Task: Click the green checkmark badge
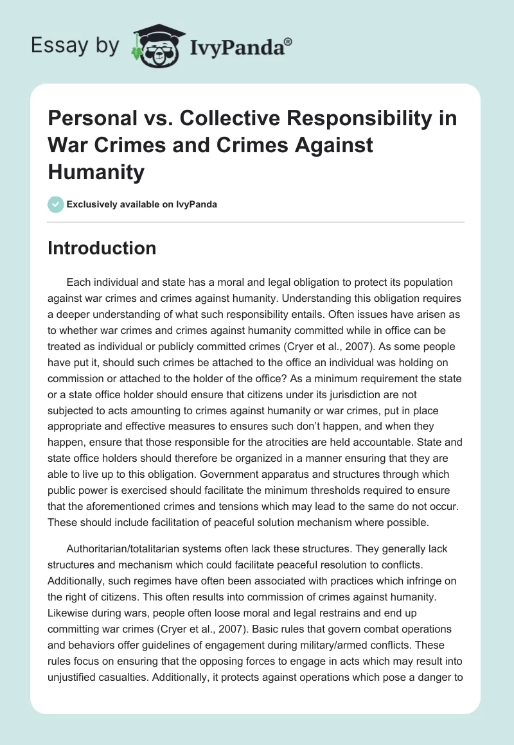[x=55, y=204]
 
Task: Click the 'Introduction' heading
[x=102, y=248]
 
